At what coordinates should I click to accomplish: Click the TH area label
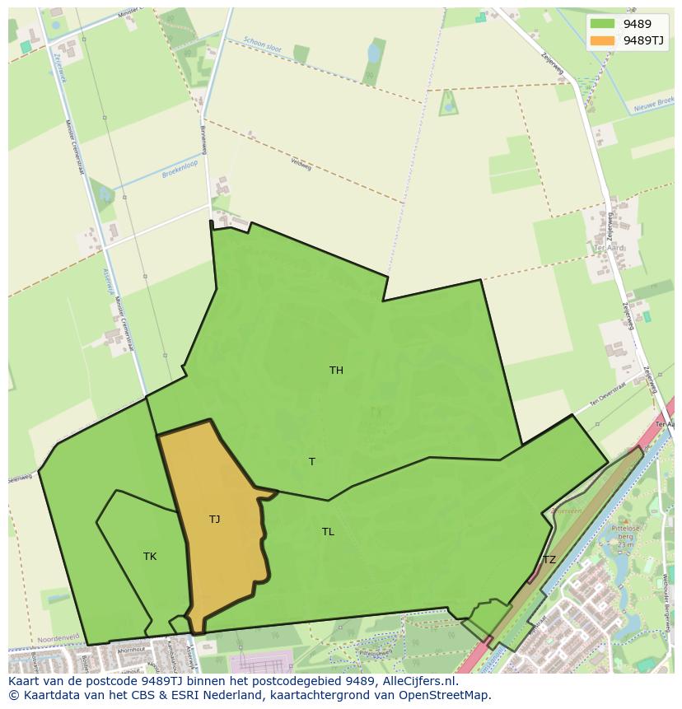coord(336,371)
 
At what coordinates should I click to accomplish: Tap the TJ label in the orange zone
coord(214,520)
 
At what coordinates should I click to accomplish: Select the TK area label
coord(150,557)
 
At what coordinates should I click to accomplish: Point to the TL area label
coord(328,532)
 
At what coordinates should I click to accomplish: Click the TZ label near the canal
coord(549,560)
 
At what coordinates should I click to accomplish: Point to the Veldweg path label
coord(301,164)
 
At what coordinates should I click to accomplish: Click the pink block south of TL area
coord(262,661)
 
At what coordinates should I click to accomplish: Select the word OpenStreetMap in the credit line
coord(446,695)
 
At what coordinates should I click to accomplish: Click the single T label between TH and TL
coord(311,462)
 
